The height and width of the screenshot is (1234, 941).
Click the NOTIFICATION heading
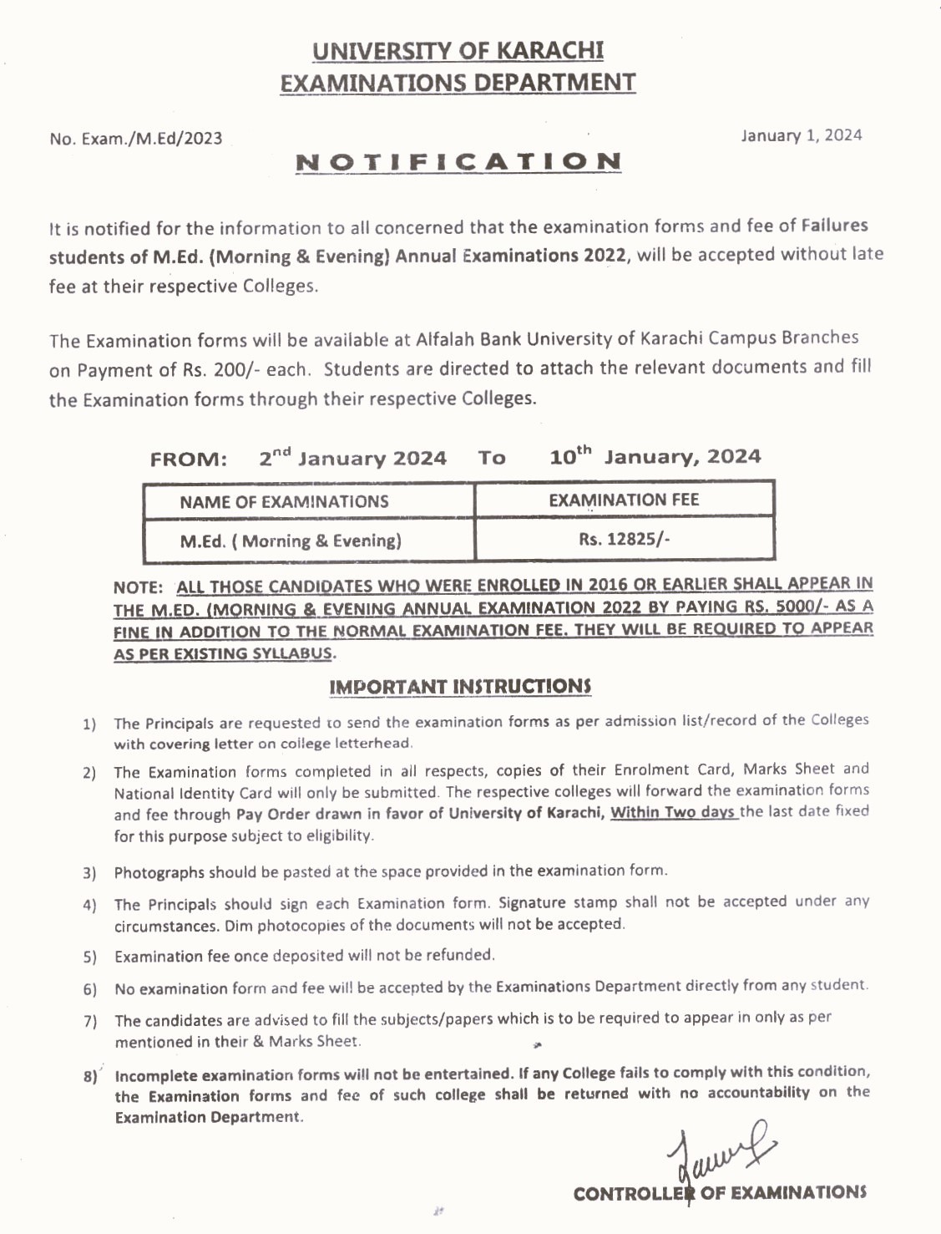click(458, 161)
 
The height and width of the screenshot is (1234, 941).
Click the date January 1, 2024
click(801, 135)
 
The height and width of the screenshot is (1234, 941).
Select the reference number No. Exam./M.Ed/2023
click(136, 139)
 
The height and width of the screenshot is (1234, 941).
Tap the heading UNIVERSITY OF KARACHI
click(458, 51)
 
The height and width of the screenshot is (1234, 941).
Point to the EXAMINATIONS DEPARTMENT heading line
click(458, 83)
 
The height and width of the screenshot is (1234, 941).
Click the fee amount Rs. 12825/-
click(624, 539)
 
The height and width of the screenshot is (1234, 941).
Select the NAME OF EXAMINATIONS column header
click(284, 501)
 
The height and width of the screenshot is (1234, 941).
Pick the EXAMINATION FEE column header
click(624, 500)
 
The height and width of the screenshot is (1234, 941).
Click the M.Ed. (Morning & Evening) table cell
click(291, 541)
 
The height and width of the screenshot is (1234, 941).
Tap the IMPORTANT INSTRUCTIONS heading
click(460, 687)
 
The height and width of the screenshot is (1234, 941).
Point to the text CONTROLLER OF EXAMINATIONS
click(720, 1193)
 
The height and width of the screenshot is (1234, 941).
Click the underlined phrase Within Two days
click(673, 811)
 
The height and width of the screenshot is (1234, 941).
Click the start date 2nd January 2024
click(352, 458)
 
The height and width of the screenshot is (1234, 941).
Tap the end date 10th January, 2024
click(655, 456)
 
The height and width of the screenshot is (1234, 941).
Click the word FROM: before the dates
click(189, 460)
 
